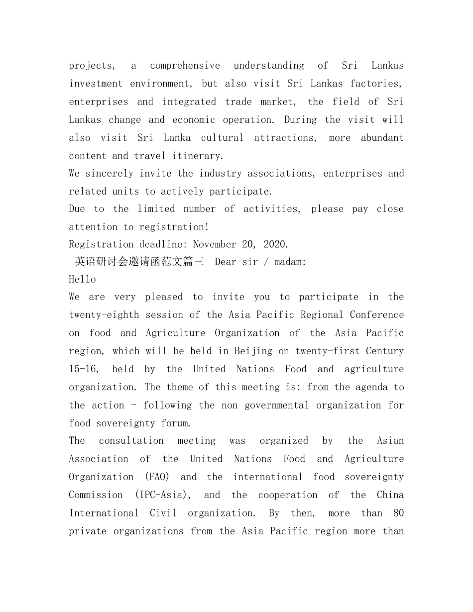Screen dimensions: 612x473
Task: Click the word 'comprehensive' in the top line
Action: pyautogui.click(x=185, y=66)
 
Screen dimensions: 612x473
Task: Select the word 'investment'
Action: pyautogui.click(x=96, y=84)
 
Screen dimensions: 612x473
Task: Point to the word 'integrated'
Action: pyautogui.click(x=189, y=102)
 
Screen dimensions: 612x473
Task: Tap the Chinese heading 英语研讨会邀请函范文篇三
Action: pyautogui.click(x=139, y=262)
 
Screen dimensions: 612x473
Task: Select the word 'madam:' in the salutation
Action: pyautogui.click(x=290, y=262)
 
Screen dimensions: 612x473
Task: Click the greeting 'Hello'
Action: pyautogui.click(x=82, y=280)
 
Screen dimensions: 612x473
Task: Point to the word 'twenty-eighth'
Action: pyautogui.click(x=104, y=315)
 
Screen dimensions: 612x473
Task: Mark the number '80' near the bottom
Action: pyautogui.click(x=398, y=513)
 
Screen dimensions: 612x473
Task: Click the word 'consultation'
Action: pyautogui.click(x=131, y=441)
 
